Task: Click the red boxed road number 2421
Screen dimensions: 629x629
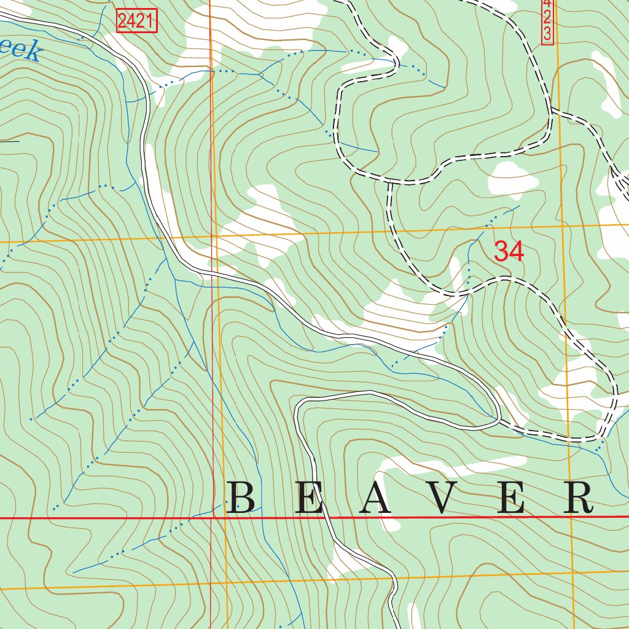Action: pos(137,22)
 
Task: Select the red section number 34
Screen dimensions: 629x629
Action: pos(509,251)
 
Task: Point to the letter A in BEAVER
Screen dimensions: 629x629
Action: pos(375,498)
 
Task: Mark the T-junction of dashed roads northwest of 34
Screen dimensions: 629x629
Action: pos(389,182)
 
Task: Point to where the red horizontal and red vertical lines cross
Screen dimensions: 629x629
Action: pos(211,518)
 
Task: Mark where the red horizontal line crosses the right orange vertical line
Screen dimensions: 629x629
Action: pos(571,517)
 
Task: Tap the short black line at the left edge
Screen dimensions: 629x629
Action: pos(9,141)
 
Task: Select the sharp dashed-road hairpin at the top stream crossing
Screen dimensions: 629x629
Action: pos(396,61)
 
